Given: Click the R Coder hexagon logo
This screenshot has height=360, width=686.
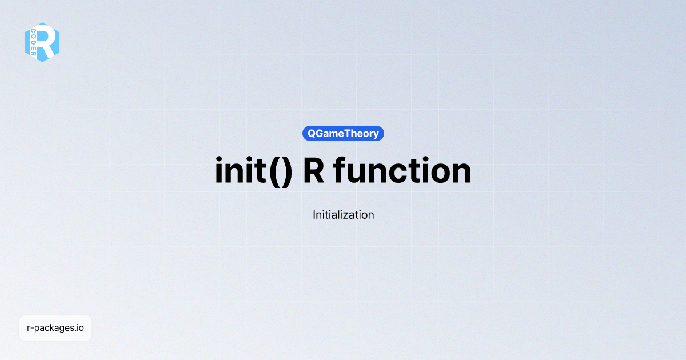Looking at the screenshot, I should coord(42,42).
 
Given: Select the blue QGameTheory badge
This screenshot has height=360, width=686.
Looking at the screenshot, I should coord(343,134).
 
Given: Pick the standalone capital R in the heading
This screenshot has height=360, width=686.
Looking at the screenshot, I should coord(314,171).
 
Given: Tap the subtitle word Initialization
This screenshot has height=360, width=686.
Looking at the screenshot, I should coord(343,215).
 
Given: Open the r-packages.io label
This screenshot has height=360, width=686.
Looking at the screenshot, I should coord(55,328).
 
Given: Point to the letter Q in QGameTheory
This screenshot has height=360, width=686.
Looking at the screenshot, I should coord(312,134).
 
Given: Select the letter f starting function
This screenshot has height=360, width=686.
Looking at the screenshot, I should coord(340,170).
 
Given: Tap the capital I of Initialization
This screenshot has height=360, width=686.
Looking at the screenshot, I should coord(314,215).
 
